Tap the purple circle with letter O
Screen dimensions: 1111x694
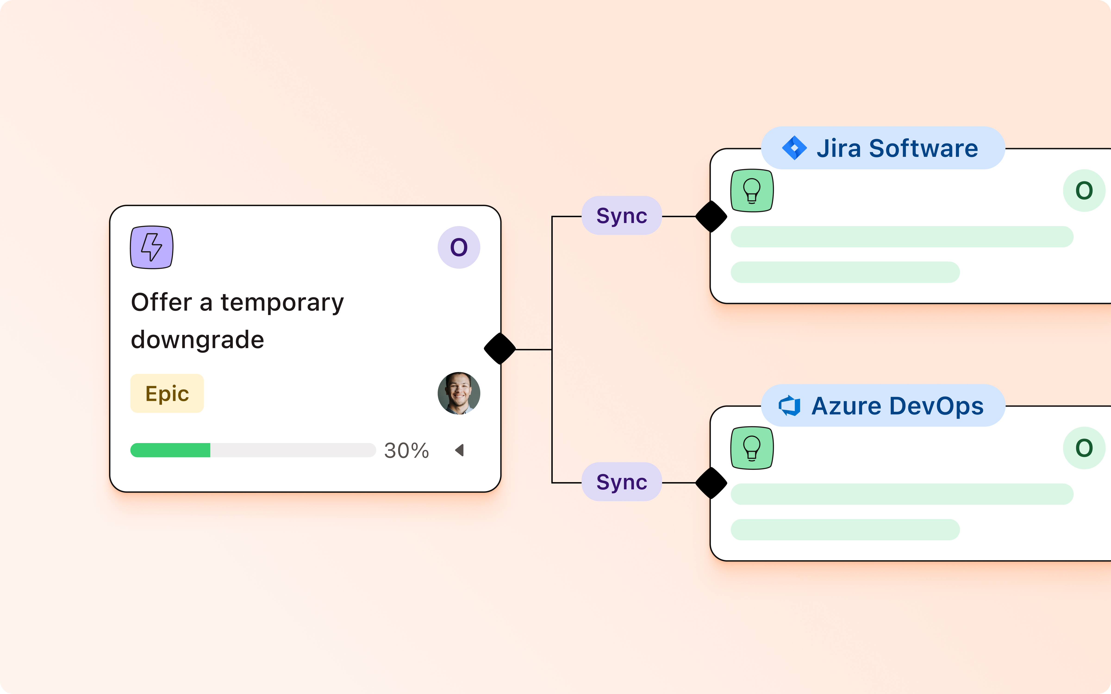point(459,247)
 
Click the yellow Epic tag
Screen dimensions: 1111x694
point(167,393)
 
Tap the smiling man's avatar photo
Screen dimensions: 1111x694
point(459,393)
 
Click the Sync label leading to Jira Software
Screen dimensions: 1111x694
point(622,216)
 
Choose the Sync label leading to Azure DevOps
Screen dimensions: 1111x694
point(622,482)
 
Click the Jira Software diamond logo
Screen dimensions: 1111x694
point(794,148)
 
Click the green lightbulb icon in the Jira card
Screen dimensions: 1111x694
point(752,190)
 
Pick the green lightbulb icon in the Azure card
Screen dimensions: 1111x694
point(752,448)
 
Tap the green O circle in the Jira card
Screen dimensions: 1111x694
point(1084,190)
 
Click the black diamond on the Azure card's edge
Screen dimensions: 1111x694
point(711,483)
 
